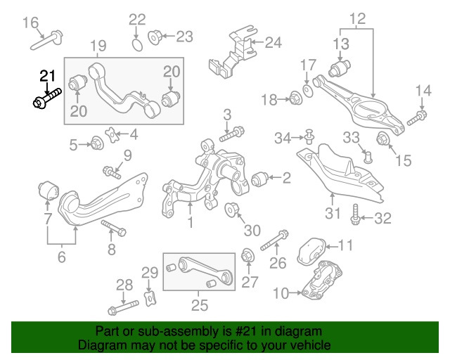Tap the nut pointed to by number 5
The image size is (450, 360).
pyautogui.click(x=96, y=144)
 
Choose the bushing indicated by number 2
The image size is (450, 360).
pyautogui.click(x=260, y=179)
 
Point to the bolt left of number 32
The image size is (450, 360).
pyautogui.click(x=356, y=215)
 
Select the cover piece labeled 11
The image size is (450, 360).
pyautogui.click(x=310, y=251)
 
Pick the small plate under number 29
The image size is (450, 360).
pyautogui.click(x=148, y=299)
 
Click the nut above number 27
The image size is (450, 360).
pyautogui.click(x=247, y=255)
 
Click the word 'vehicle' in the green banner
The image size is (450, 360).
pyautogui.click(x=304, y=345)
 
